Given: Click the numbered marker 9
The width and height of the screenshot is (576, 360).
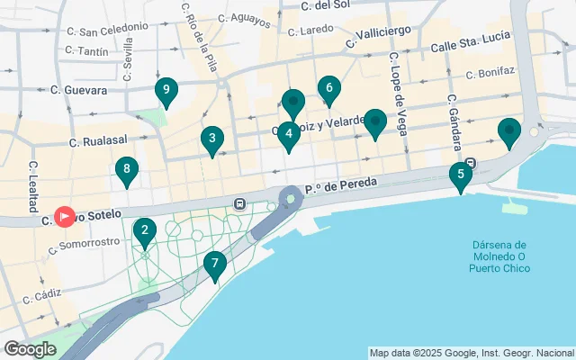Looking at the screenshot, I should (165, 90).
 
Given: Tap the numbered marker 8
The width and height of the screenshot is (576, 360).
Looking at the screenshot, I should (127, 168).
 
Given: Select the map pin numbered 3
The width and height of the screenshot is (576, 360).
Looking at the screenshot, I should (211, 139).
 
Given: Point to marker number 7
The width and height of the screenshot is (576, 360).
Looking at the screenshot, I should (214, 265).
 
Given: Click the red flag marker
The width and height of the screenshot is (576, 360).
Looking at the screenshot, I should (65, 217).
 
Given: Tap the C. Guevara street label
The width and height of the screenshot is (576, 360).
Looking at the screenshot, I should (79, 90).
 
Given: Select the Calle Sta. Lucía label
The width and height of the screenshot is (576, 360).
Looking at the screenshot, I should (470, 40).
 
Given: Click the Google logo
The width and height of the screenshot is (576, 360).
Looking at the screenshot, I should (30, 349).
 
